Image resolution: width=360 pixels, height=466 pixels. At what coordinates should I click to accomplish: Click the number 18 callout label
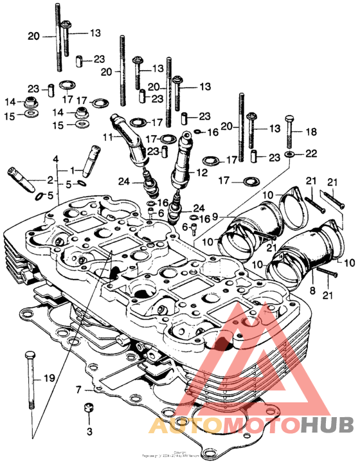[x=311, y=131]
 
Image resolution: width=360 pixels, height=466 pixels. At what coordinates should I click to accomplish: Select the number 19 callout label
[x=49, y=379]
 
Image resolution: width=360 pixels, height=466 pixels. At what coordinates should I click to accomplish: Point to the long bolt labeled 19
[x=29, y=379]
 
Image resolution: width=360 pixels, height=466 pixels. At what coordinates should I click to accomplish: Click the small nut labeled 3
[x=89, y=409]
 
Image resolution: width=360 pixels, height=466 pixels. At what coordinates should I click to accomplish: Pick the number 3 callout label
[x=89, y=430]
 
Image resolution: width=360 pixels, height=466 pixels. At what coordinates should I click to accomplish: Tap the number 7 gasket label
[x=78, y=390]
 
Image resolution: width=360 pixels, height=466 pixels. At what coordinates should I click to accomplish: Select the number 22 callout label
[x=311, y=153]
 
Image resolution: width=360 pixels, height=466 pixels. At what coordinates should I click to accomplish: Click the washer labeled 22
[x=290, y=154]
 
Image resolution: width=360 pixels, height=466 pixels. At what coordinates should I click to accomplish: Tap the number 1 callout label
[x=73, y=170]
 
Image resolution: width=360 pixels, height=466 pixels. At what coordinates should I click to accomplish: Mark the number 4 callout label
[x=56, y=159]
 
